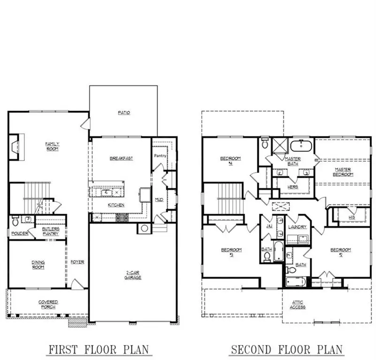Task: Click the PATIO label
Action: pyautogui.click(x=124, y=113)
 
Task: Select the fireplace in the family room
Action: pyautogui.click(x=15, y=147)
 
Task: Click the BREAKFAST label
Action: pyautogui.click(x=121, y=158)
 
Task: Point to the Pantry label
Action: pyautogui.click(x=160, y=156)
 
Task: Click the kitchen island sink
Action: pyautogui.click(x=107, y=192)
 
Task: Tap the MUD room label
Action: pyautogui.click(x=159, y=199)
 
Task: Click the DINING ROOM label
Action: pyautogui.click(x=38, y=264)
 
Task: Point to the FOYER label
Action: pyautogui.click(x=78, y=262)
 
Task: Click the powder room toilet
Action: pyautogui.click(x=15, y=219)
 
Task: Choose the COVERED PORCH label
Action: pyautogui.click(x=48, y=305)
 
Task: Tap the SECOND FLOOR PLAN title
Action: pyautogui.click(x=286, y=349)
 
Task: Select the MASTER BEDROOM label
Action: pyautogui.click(x=344, y=172)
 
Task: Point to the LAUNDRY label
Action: pyautogui.click(x=298, y=227)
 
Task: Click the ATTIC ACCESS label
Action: pyautogui.click(x=298, y=305)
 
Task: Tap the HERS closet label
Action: pyautogui.click(x=293, y=187)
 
